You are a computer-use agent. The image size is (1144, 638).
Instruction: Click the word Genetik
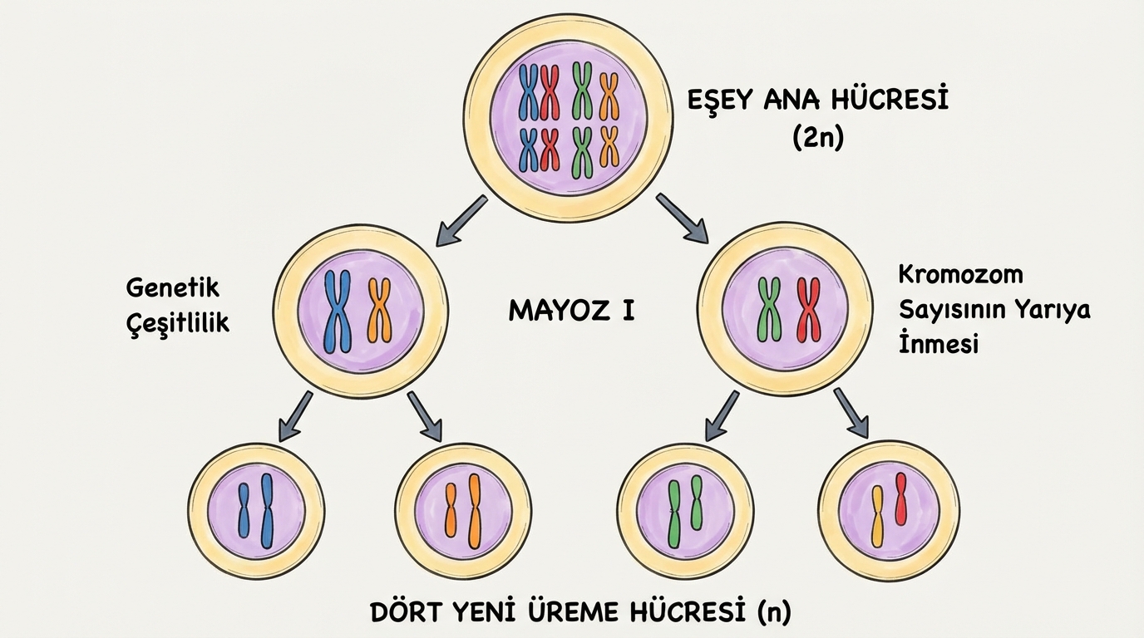click(173, 287)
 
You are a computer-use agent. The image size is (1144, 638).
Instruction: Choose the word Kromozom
click(961, 274)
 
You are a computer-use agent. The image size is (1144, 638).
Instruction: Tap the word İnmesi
click(939, 344)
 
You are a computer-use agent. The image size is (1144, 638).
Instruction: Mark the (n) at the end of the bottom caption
click(775, 613)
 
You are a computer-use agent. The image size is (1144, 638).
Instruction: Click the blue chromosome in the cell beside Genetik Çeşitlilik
click(338, 311)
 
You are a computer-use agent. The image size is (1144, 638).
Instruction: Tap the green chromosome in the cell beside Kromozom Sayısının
click(770, 311)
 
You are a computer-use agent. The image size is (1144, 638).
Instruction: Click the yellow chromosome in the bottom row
click(877, 517)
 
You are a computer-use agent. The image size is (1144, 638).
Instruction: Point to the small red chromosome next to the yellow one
click(900, 498)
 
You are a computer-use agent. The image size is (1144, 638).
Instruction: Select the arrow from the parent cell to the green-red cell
click(682, 218)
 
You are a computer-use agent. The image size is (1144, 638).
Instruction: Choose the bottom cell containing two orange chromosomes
click(463, 511)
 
